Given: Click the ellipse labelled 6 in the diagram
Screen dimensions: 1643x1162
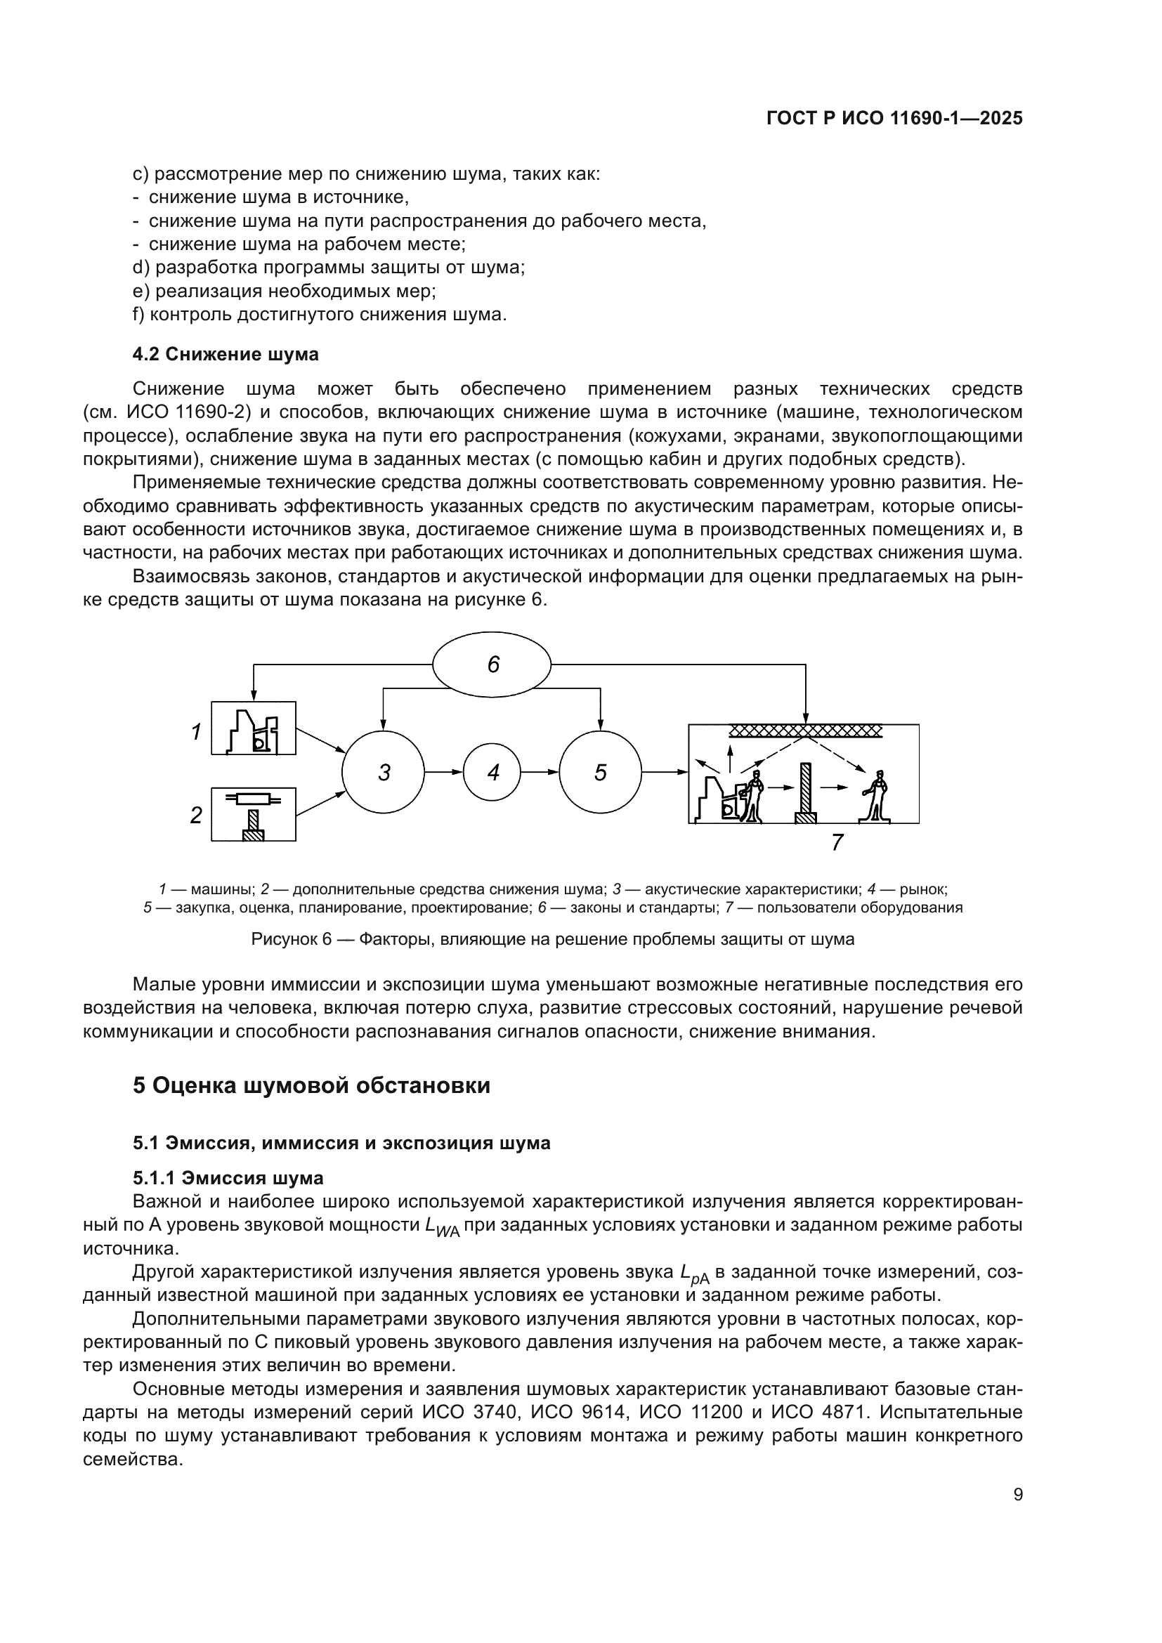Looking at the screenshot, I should (492, 664).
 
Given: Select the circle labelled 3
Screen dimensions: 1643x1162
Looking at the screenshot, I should (384, 772).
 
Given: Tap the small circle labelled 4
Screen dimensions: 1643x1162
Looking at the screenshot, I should (492, 772).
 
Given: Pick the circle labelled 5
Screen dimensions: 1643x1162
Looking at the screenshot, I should (599, 772).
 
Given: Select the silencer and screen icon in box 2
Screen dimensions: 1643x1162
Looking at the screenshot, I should (253, 815).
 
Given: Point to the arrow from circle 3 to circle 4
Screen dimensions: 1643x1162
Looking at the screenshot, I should (443, 772).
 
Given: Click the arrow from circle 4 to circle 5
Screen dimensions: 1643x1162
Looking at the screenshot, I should (540, 772).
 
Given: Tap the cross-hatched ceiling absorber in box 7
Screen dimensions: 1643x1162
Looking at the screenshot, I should (805, 731).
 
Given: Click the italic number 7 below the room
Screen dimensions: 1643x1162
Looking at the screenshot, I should (837, 842).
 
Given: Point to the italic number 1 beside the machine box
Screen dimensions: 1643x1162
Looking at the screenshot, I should (196, 731).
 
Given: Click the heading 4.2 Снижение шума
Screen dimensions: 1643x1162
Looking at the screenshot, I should (226, 354).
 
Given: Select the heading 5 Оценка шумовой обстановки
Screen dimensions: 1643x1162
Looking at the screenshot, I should (311, 1085).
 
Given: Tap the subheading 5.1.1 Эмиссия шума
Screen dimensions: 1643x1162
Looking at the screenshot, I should (228, 1178).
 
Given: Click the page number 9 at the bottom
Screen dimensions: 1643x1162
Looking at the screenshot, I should (1017, 1495).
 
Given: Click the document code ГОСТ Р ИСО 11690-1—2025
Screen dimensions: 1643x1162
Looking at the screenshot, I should (894, 119).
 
